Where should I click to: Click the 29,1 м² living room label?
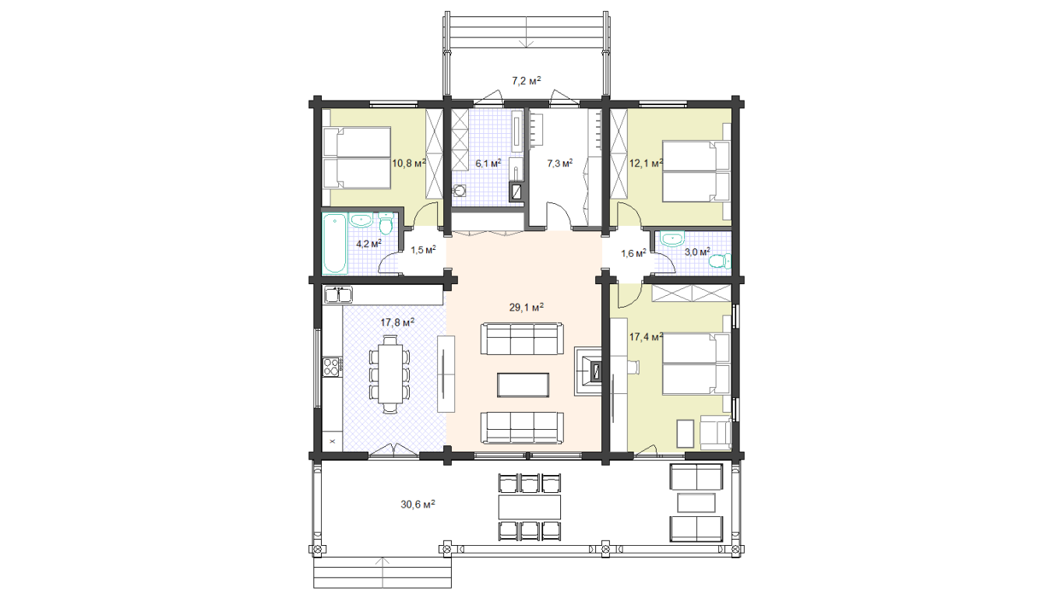click(x=526, y=308)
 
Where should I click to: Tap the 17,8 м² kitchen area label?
click(x=397, y=322)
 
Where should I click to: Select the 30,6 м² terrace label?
click(x=418, y=504)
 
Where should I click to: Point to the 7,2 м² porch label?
click(x=527, y=81)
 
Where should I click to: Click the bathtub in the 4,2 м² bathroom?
click(x=335, y=243)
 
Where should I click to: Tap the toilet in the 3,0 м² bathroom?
click(x=721, y=261)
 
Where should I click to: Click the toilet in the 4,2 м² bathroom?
click(x=386, y=223)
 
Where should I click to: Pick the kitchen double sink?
click(x=338, y=295)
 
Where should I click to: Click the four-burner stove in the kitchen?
click(x=331, y=366)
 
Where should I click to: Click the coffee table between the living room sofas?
click(x=523, y=385)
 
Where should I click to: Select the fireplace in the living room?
click(x=588, y=371)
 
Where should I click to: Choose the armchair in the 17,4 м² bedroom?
click(x=715, y=433)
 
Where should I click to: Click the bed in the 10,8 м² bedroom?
click(x=357, y=158)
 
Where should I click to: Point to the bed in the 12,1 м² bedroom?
click(x=696, y=171)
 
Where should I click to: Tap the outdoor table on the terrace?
click(x=530, y=507)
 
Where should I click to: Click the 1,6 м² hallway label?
click(x=633, y=253)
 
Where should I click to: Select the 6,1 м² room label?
click(x=488, y=163)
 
